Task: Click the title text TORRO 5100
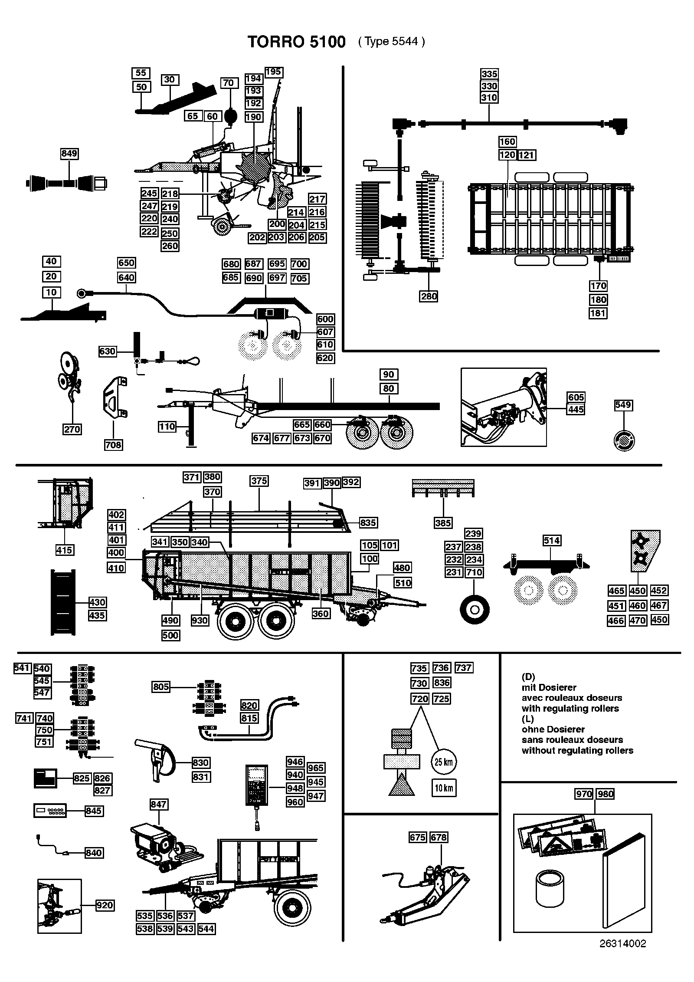click(x=296, y=42)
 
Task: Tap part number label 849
click(x=69, y=154)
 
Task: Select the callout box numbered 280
click(x=429, y=296)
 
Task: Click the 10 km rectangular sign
click(x=444, y=788)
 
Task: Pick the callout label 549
click(x=623, y=405)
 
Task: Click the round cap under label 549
click(x=624, y=441)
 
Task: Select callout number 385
click(x=443, y=523)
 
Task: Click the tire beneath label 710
click(x=475, y=610)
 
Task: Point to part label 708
click(x=113, y=445)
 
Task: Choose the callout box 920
click(x=105, y=905)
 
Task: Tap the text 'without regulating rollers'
click(x=577, y=750)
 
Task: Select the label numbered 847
click(x=159, y=804)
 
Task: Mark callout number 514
click(x=552, y=540)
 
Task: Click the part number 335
click(x=489, y=74)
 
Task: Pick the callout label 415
click(x=65, y=550)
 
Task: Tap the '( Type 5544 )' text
click(x=392, y=41)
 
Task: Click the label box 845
click(x=94, y=811)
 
